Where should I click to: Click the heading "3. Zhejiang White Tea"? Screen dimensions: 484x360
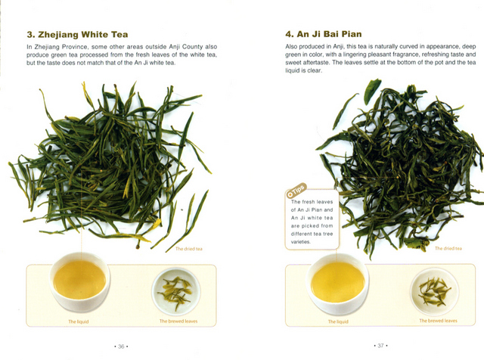[x=77, y=35]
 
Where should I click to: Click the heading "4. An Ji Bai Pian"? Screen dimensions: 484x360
[x=323, y=34]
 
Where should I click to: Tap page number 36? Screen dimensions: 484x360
[x=121, y=346]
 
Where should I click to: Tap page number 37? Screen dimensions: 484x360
[x=380, y=346]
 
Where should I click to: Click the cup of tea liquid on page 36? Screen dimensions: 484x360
[x=79, y=281]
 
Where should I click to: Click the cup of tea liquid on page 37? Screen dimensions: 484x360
[x=338, y=283]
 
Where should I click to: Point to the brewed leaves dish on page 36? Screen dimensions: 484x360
[x=176, y=291]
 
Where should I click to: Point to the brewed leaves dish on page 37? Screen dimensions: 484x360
[x=434, y=291]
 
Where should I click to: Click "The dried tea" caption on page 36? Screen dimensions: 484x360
[x=189, y=249]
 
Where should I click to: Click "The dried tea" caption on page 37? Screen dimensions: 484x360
[x=448, y=248]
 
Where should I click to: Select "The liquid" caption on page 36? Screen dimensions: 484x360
[x=79, y=321]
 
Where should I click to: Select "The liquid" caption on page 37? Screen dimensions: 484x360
[x=338, y=321]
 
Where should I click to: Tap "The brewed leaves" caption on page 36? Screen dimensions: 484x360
[x=178, y=321]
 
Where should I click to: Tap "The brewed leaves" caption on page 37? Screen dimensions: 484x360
[x=438, y=321]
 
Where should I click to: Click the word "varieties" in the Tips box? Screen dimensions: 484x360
[x=301, y=242]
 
